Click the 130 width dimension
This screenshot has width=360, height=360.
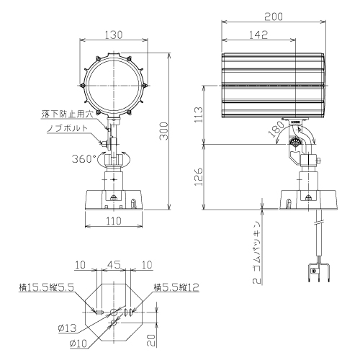(x=114, y=35)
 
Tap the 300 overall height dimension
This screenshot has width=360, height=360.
(x=164, y=131)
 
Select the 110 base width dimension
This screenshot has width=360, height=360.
(x=114, y=221)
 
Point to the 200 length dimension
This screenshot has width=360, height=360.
(x=274, y=17)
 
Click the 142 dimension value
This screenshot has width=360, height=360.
(x=258, y=35)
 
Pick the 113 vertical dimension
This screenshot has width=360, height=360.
(x=199, y=114)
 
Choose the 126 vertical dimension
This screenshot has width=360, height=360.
(x=199, y=177)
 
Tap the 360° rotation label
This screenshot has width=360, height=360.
(x=84, y=159)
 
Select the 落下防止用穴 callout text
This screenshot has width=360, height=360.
(x=68, y=114)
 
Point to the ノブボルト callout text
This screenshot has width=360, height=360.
(x=68, y=128)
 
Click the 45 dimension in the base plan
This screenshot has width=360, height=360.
(x=114, y=265)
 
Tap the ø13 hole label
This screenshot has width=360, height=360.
(x=67, y=328)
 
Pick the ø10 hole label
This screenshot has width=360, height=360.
(x=78, y=343)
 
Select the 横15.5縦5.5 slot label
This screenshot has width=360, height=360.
(x=47, y=287)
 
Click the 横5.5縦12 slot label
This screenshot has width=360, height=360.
(x=176, y=287)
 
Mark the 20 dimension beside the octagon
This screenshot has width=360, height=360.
(x=151, y=341)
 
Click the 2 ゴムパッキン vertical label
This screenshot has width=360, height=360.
(x=257, y=253)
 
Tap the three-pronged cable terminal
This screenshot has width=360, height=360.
(x=318, y=272)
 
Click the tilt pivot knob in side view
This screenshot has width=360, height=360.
(x=295, y=143)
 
